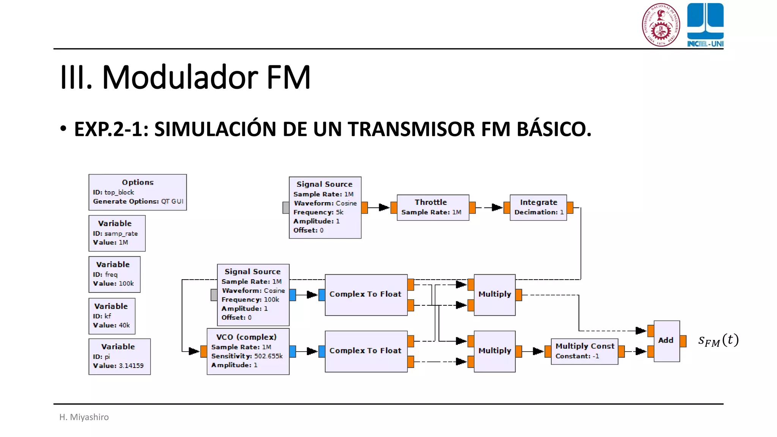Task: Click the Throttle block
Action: [433, 207]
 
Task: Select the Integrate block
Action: [538, 207]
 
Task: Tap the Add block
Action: [667, 341]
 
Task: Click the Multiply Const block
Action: [584, 351]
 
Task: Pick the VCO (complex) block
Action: [248, 351]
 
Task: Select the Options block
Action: [137, 192]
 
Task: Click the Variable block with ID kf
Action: [112, 316]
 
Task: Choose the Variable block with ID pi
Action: [119, 356]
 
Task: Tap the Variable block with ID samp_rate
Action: [117, 233]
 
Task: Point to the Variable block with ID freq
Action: [114, 274]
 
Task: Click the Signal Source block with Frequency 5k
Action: [325, 207]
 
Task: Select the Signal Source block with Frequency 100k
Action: [253, 295]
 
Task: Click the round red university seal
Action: [661, 25]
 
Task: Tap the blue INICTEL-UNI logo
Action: [705, 25]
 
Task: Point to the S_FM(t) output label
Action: [718, 340]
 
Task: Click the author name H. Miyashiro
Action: [84, 417]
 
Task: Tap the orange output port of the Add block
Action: [683, 341]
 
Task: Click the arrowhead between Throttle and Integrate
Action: [497, 207]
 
